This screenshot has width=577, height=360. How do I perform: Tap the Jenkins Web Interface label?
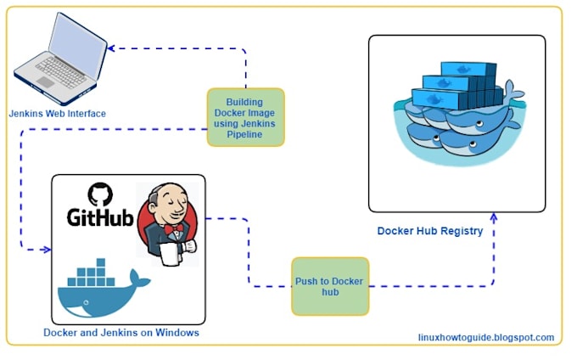(58, 113)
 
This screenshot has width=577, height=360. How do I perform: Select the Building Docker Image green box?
(245, 117)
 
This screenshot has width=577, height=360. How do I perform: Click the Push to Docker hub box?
(330, 286)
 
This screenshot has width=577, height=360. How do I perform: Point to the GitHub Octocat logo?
(100, 194)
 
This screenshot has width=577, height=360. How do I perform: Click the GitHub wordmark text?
(100, 218)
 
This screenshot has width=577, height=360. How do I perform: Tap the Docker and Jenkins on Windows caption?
(120, 333)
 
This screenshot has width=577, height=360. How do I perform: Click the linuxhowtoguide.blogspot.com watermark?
(486, 337)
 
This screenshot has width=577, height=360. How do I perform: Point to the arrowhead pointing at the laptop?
(111, 48)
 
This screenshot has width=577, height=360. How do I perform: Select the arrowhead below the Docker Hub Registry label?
(494, 218)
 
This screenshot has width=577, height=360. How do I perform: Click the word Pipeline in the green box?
(245, 136)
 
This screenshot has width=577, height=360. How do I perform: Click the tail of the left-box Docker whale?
(134, 276)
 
